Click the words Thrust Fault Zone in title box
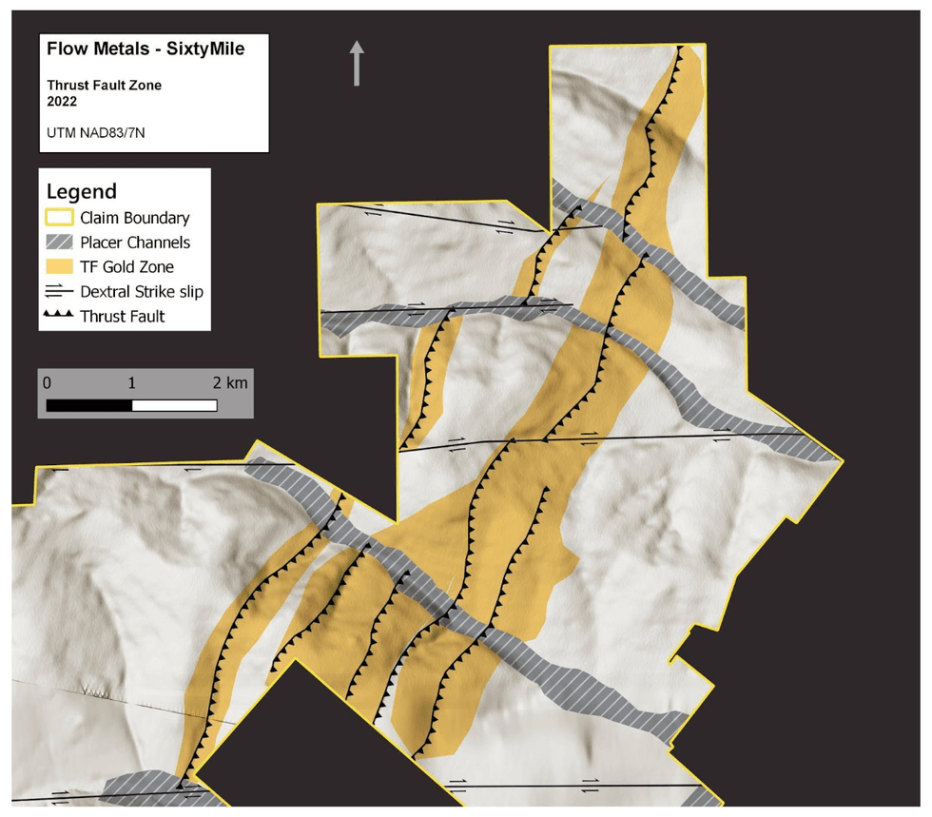[105, 85]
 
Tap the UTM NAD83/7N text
[96, 133]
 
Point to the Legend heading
[81, 191]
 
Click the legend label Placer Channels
[135, 243]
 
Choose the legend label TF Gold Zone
[126, 267]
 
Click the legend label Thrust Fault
[123, 317]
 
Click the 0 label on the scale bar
[47, 383]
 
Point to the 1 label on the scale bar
[131, 383]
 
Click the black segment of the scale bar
[88, 405]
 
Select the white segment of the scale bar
[174, 405]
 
